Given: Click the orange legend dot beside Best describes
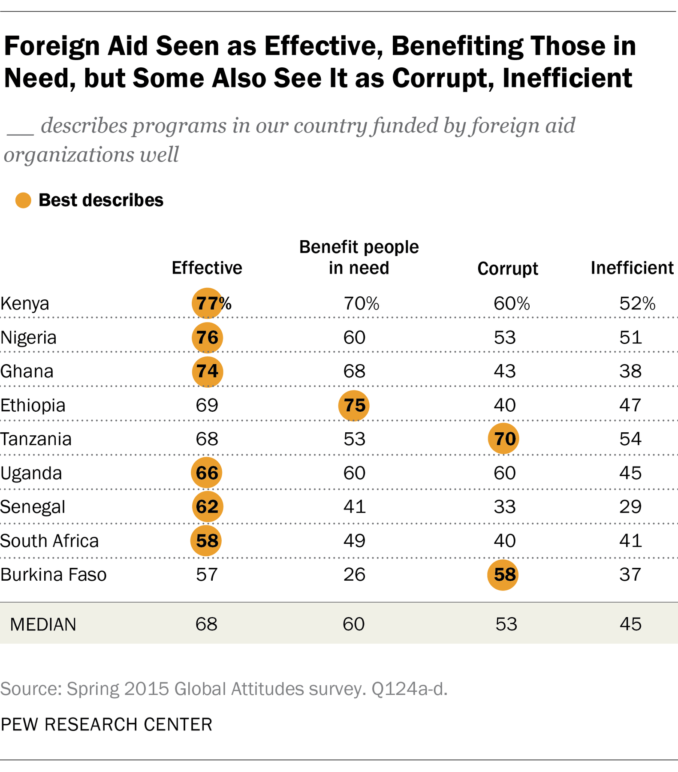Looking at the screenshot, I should [x=23, y=200].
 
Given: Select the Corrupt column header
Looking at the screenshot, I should [x=507, y=268].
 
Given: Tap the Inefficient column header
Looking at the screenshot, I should [x=632, y=268].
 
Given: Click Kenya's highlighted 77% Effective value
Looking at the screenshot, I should [x=208, y=303].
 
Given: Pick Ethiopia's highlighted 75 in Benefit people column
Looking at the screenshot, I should [x=354, y=405].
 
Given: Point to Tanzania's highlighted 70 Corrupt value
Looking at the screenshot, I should [x=503, y=439].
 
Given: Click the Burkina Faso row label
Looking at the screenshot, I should [x=54, y=574].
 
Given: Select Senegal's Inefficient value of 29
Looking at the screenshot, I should [x=630, y=507].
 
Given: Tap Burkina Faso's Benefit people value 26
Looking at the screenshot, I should [x=354, y=574].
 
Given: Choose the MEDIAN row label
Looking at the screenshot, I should [x=43, y=624].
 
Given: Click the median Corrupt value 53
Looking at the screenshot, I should [x=506, y=624].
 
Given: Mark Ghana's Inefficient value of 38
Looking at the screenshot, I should [x=630, y=371].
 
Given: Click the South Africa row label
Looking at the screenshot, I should [x=49, y=541].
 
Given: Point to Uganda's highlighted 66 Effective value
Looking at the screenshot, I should [x=207, y=473].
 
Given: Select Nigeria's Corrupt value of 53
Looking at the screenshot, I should [x=504, y=338].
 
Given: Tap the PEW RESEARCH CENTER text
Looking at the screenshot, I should [x=106, y=724].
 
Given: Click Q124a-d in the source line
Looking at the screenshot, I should [x=409, y=689].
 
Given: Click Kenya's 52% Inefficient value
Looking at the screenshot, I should [x=637, y=304].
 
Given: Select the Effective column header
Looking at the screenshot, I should [x=207, y=268].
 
